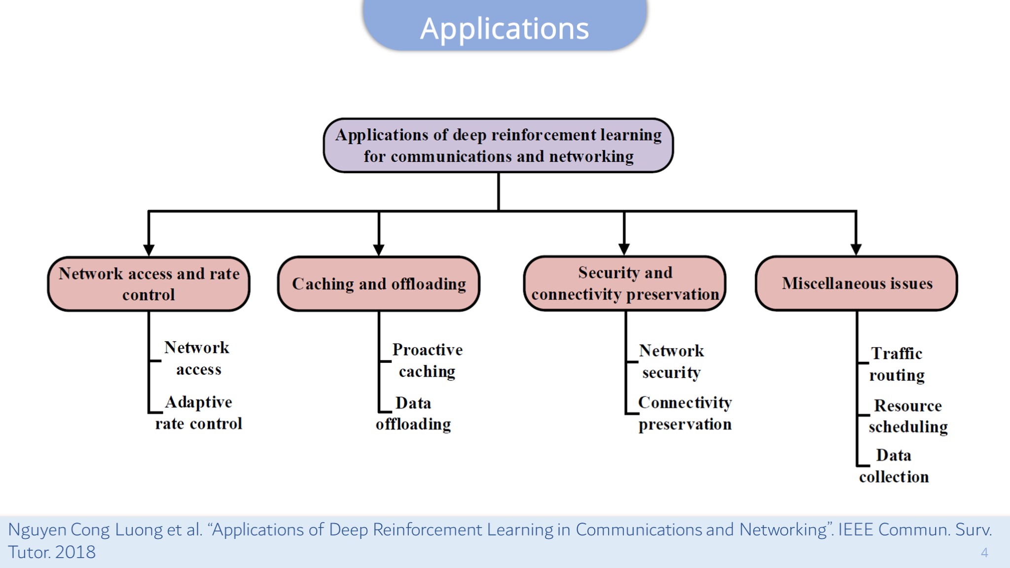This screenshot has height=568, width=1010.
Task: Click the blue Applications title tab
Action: point(505,26)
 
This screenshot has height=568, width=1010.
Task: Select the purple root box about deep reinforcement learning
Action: point(498,145)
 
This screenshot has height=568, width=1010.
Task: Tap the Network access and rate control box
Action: point(149,284)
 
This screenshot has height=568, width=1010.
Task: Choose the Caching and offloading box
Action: point(379,284)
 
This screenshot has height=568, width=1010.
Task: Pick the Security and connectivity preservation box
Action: point(625,284)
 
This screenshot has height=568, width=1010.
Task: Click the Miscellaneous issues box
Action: point(857,284)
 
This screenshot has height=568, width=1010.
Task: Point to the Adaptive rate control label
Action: point(198,413)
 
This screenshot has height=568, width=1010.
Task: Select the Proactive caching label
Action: point(427,360)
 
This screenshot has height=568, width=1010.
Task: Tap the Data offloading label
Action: point(413,414)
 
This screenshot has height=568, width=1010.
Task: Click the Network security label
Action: point(671,361)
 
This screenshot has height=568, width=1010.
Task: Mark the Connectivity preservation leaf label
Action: point(685,413)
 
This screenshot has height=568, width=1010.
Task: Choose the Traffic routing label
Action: point(897,364)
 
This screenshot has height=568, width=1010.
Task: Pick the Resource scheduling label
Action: point(908,416)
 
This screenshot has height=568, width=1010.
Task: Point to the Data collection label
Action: point(894,466)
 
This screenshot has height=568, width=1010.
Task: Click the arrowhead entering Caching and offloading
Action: point(379,249)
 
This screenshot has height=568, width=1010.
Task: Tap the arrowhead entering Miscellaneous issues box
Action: point(856,249)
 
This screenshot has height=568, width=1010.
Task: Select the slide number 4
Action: point(984,552)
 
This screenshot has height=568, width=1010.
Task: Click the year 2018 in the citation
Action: point(75,552)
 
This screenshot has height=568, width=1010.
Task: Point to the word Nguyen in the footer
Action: point(37,530)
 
